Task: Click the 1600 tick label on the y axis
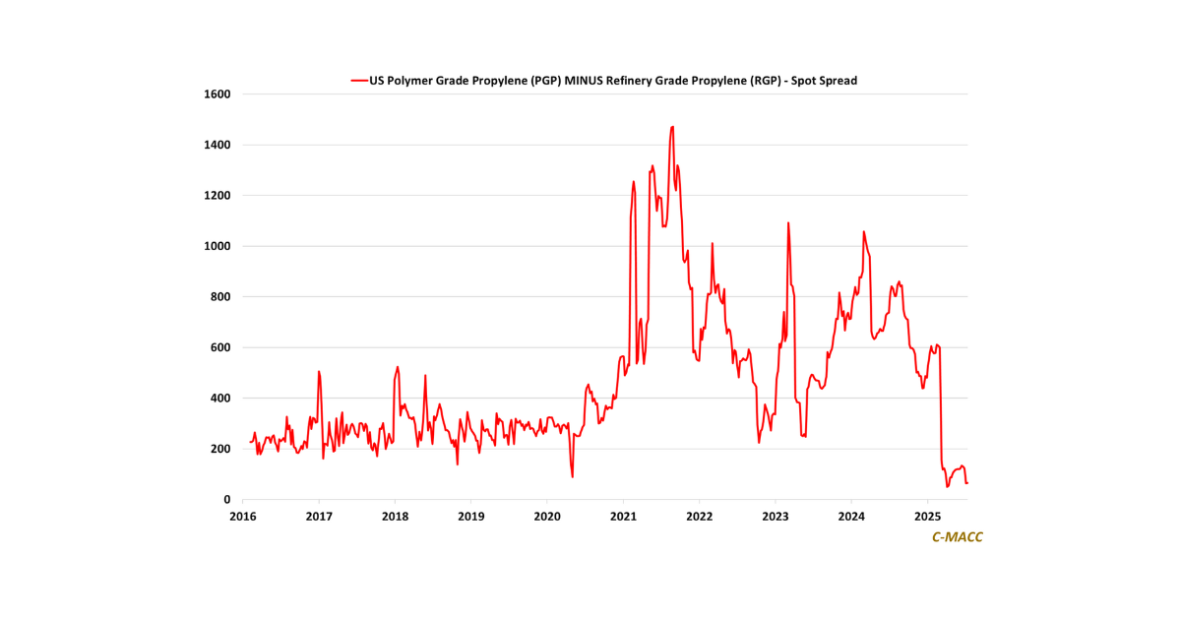[x=217, y=94]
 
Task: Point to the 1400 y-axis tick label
[x=217, y=145]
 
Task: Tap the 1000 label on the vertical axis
[x=217, y=246]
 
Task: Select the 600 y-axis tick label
[x=219, y=347]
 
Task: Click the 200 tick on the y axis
[x=219, y=449]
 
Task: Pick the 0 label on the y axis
[x=226, y=500]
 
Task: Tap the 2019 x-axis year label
[x=470, y=517]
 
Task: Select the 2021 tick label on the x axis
[x=623, y=517]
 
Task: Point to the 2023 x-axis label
[x=776, y=517]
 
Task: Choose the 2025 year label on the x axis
[x=927, y=517]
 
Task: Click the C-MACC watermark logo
[x=957, y=537]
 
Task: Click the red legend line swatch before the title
[x=358, y=81]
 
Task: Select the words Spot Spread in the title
[x=829, y=81]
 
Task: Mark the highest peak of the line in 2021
[x=672, y=127]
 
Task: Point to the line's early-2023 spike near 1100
[x=788, y=222]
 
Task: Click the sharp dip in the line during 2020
[x=572, y=477]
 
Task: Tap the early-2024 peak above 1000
[x=863, y=232]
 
